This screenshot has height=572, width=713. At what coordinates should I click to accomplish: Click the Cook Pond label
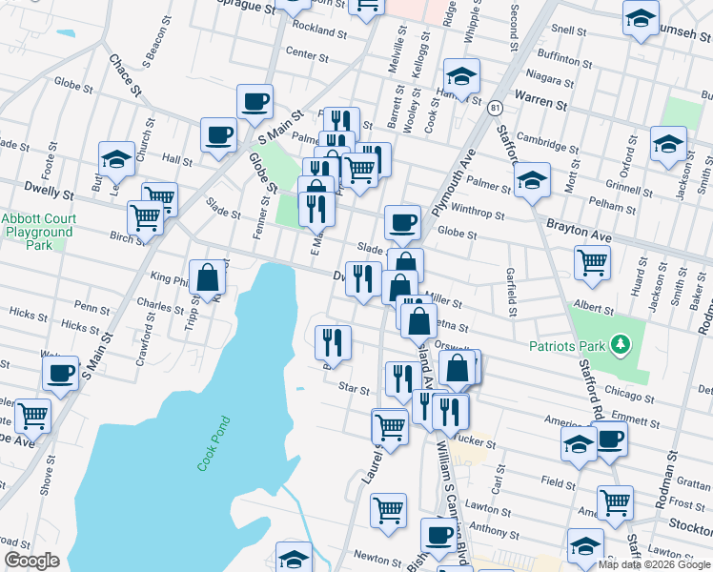click(214, 442)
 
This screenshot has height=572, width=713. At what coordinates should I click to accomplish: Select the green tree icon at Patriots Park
click(620, 341)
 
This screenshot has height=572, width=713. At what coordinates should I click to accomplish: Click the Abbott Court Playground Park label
click(38, 232)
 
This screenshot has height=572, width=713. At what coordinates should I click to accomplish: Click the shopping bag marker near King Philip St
click(207, 278)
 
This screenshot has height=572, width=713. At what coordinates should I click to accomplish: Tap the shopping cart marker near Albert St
click(592, 262)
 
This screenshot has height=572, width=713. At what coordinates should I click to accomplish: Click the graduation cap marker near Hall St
click(116, 159)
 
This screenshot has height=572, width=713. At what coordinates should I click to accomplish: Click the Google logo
click(31, 562)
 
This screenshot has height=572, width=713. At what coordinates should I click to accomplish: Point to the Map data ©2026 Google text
click(653, 564)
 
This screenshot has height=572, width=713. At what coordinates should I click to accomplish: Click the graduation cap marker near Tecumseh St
click(641, 18)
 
